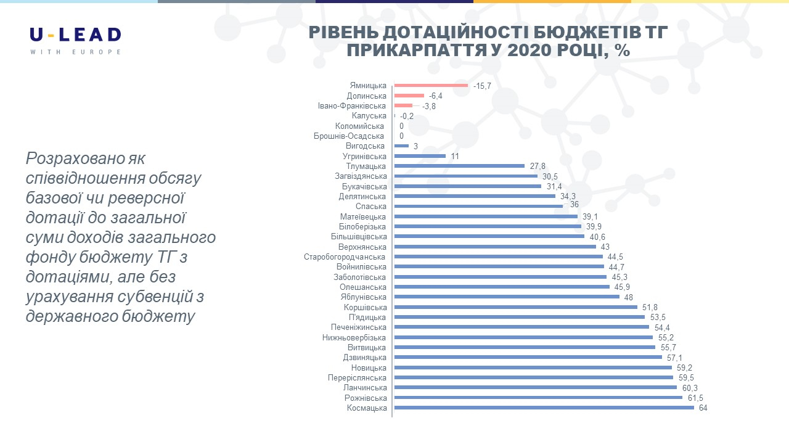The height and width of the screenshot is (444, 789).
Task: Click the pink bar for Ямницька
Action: pyautogui.click(x=431, y=86)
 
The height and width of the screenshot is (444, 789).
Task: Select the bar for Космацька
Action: pyautogui.click(x=544, y=408)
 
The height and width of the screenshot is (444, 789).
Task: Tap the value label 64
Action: pyautogui.click(x=703, y=408)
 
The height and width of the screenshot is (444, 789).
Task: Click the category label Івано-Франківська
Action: pyautogui.click(x=352, y=106)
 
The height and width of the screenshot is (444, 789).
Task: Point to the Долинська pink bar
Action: pyautogui.click(x=409, y=96)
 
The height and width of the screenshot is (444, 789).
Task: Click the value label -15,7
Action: pyautogui.click(x=482, y=86)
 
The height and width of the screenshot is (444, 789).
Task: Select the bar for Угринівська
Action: pyautogui.click(x=420, y=156)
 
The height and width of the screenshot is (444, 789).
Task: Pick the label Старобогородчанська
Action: pyautogui.click(x=345, y=257)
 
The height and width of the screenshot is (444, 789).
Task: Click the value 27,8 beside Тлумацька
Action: pyautogui.click(x=538, y=166)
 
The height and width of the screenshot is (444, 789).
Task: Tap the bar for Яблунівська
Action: pyautogui.click(x=507, y=297)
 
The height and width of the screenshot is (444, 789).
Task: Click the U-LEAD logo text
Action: pyautogui.click(x=75, y=35)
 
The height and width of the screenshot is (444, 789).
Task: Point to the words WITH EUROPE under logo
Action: pyautogui.click(x=75, y=52)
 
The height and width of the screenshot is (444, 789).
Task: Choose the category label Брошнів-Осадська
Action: pyautogui.click(x=349, y=136)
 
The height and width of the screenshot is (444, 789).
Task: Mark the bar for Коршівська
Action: pyautogui.click(x=516, y=307)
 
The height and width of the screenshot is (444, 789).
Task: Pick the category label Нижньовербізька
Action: pyautogui.click(x=354, y=337)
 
